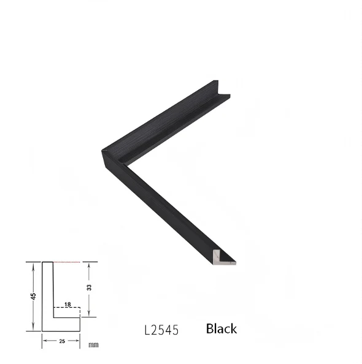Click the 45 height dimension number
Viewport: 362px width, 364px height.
34,296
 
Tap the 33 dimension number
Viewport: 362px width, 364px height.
89,287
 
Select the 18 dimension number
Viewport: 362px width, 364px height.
67,305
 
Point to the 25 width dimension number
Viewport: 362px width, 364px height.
62,341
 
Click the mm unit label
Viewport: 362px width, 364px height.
93,345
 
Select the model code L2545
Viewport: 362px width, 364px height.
161,330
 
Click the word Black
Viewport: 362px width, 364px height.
221,328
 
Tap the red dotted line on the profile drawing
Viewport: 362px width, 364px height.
67,262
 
